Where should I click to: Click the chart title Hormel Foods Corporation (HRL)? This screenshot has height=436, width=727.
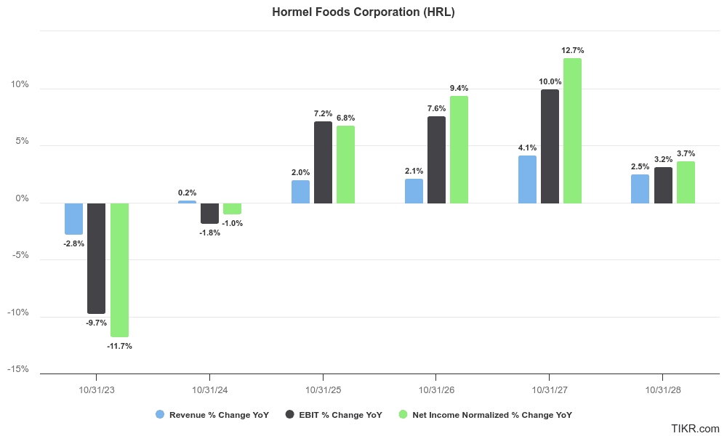tap(363, 12)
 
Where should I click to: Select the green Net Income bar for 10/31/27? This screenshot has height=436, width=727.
tap(572, 131)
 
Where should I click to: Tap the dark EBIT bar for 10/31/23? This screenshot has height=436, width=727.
tap(96, 258)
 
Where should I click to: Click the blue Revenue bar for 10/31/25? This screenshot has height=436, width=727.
tap(300, 192)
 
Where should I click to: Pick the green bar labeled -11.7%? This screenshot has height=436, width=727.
tap(119, 270)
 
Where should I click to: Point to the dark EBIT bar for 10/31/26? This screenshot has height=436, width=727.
tap(436, 160)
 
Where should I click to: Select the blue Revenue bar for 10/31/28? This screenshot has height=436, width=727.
tap(640, 189)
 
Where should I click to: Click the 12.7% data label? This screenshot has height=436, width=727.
tap(572, 51)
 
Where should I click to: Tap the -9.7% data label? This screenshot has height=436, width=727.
tap(95, 323)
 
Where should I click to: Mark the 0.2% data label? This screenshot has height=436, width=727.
tap(187, 193)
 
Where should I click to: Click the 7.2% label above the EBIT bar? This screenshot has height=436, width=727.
tap(323, 113)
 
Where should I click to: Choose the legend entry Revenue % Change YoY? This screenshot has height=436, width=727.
tap(212, 415)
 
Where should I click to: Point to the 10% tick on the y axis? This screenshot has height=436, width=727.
tap(20, 84)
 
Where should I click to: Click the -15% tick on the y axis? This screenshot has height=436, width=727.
tap(18, 369)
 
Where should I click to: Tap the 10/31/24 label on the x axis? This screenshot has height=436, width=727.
tap(209, 390)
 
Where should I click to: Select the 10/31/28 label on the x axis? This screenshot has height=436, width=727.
tap(663, 390)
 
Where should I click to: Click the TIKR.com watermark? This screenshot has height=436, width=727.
tap(696, 429)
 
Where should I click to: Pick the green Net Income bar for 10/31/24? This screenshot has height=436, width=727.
tap(232, 209)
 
